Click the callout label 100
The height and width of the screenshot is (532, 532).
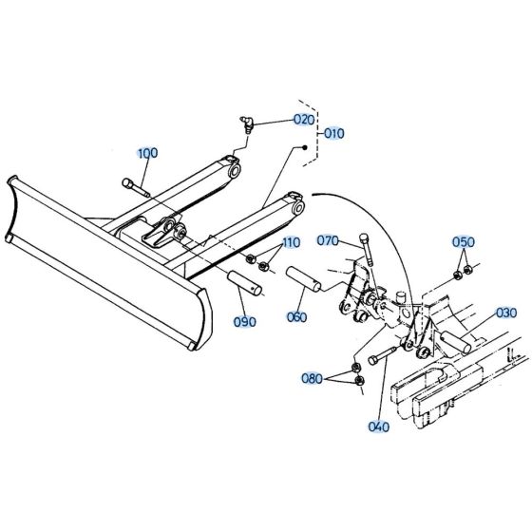(147, 153)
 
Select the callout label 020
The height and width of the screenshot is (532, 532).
(302, 120)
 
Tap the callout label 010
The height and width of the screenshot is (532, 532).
(334, 134)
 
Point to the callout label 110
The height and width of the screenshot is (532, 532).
(289, 243)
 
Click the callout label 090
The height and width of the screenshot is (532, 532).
(244, 322)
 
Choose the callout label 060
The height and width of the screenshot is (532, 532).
(296, 316)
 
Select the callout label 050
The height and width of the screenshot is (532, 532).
(463, 241)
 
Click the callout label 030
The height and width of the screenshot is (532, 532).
(506, 313)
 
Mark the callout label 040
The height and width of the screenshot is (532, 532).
(378, 427)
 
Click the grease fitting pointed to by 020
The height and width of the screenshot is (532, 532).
(245, 122)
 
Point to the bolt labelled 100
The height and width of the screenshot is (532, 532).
(137, 188)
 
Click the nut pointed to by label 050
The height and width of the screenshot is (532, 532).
(457, 275)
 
